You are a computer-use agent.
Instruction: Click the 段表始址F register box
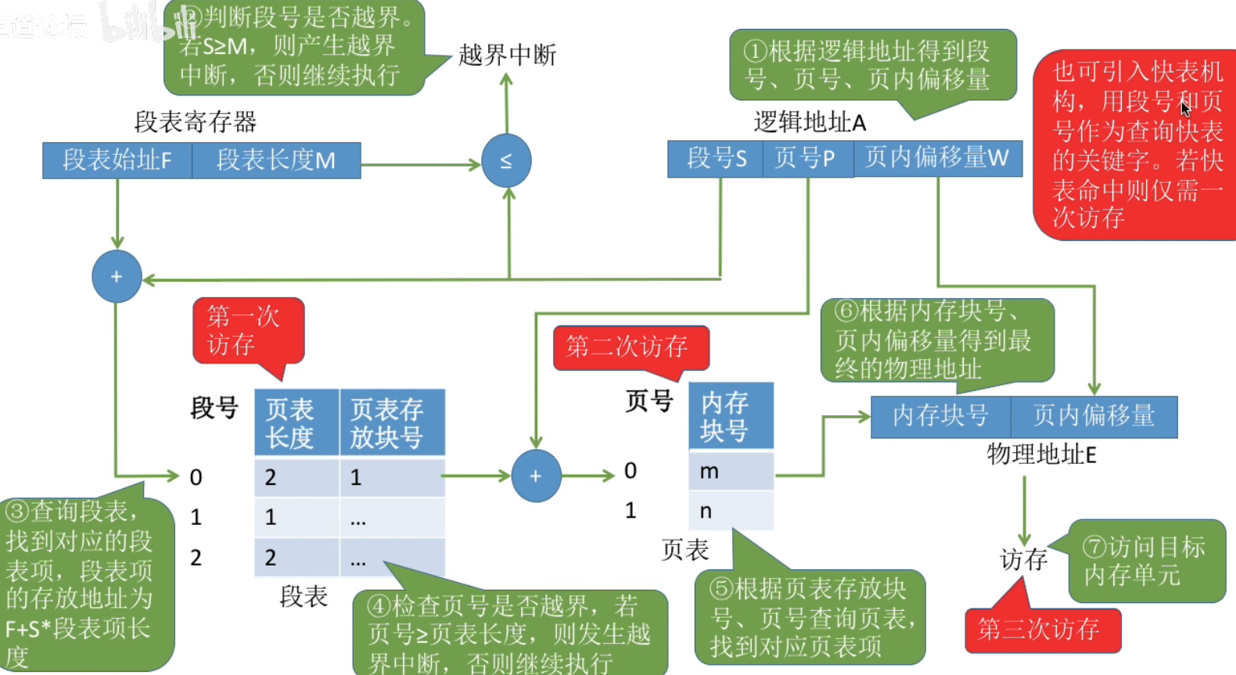point(117,160)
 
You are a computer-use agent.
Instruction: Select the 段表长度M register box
point(276,160)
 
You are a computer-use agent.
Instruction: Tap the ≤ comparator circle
point(506,161)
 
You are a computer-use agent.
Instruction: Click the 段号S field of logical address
point(716,159)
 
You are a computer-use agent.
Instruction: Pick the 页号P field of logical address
point(807,159)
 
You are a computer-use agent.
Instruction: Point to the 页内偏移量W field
point(937,159)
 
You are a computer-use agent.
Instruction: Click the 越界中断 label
point(507,55)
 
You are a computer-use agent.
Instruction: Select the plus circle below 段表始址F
point(117,276)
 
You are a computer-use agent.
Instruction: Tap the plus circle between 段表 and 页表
point(536,476)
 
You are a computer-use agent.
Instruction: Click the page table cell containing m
point(731,471)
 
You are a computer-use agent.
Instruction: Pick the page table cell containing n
point(731,511)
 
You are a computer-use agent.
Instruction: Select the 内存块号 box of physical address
point(940,416)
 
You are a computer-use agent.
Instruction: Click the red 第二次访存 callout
point(631,346)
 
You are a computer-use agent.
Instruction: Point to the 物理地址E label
point(1041,454)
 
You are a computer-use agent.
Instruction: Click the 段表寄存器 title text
point(196,121)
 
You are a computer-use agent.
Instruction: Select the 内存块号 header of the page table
point(731,416)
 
